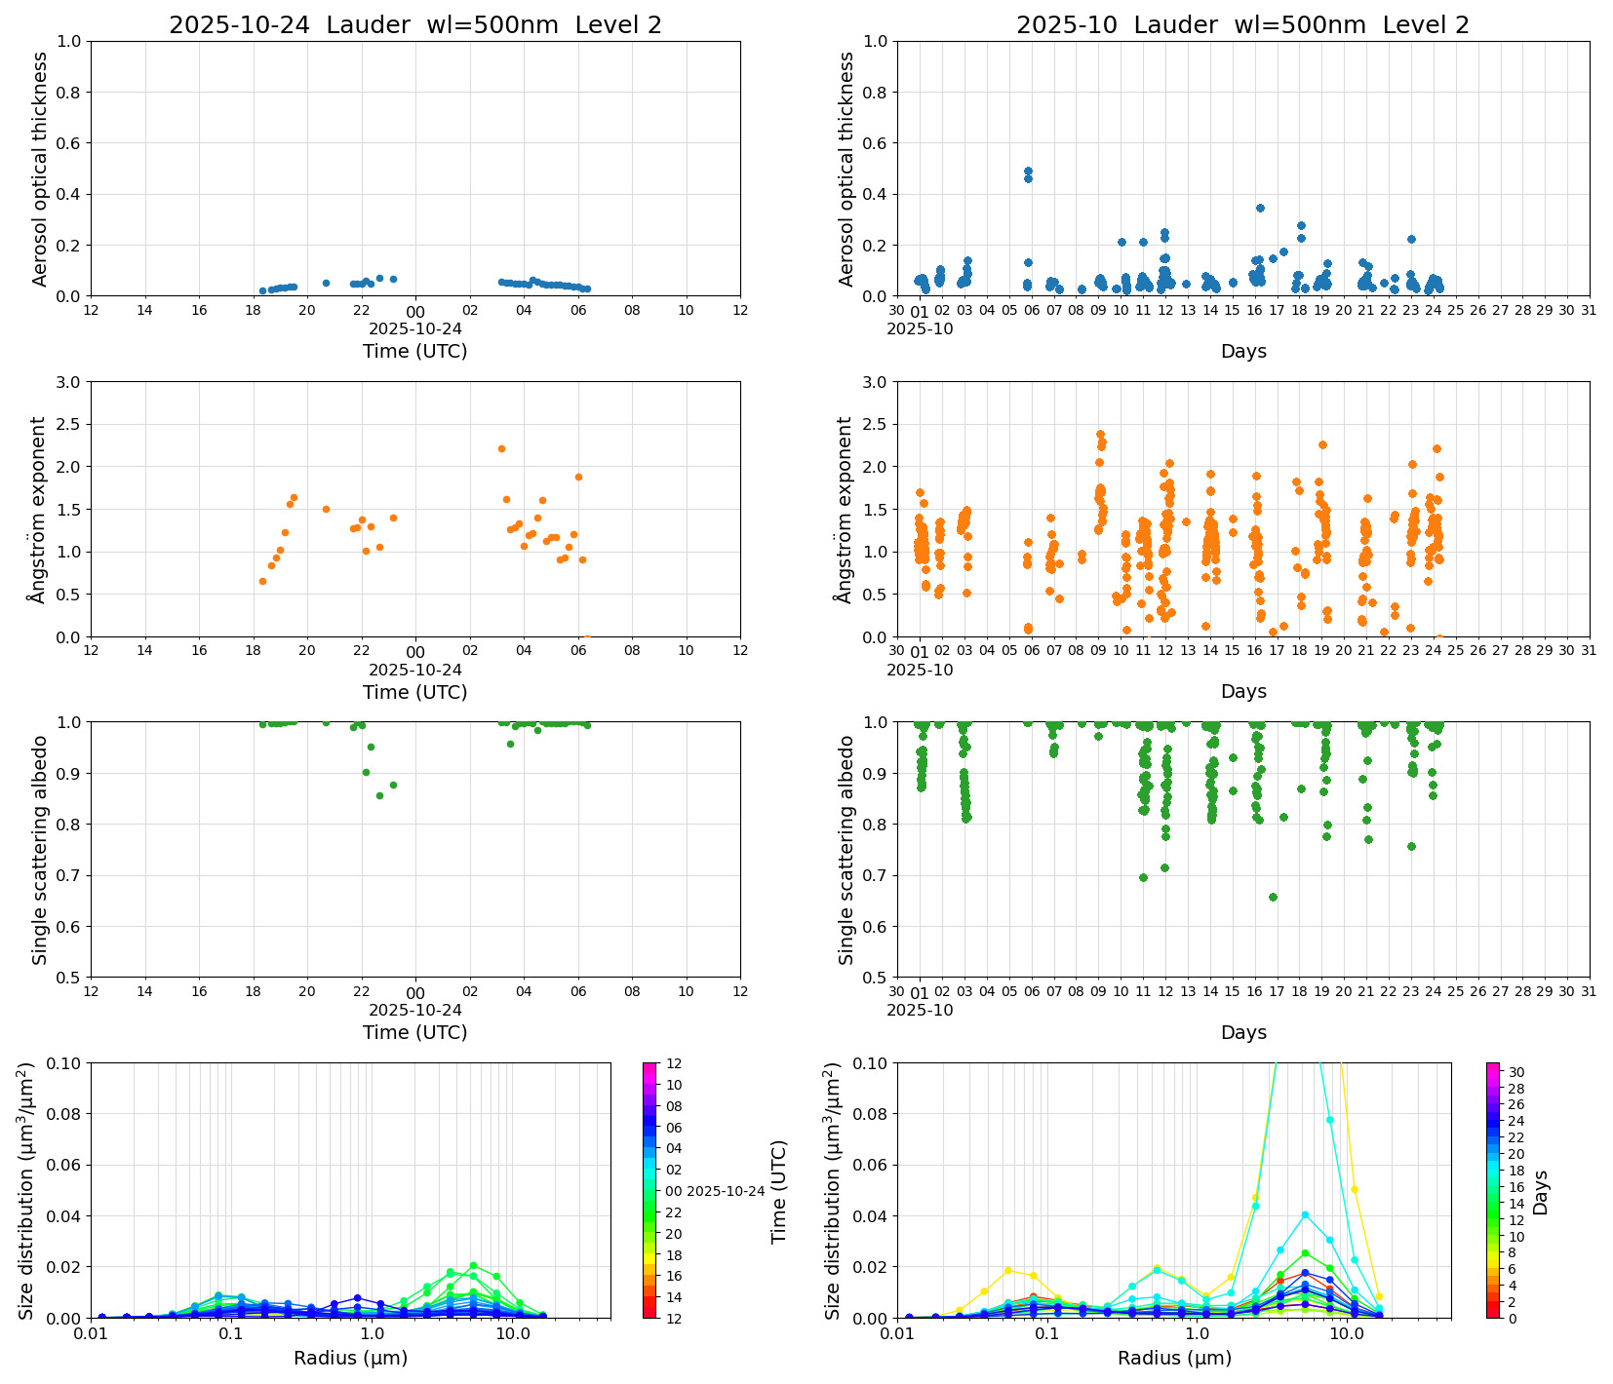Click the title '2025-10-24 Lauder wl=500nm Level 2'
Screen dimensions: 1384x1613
pyautogui.click(x=414, y=25)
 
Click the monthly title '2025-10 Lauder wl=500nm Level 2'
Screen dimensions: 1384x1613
pyautogui.click(x=1242, y=25)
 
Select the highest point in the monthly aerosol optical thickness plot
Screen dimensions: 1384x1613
pyautogui.click(x=1028, y=171)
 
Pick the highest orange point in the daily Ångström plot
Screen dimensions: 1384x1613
pyautogui.click(x=501, y=448)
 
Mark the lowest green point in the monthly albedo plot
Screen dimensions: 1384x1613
pyautogui.click(x=1273, y=897)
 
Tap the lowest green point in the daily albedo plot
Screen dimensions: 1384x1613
pyautogui.click(x=379, y=795)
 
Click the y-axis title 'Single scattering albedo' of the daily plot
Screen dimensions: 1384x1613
pyautogui.click(x=40, y=850)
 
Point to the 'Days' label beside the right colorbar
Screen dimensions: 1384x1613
pyautogui.click(x=1541, y=1192)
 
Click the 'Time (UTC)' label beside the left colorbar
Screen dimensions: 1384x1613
pyautogui.click(x=778, y=1192)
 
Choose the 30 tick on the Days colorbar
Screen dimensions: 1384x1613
pyautogui.click(x=1516, y=1072)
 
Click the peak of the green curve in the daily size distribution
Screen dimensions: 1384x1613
pyautogui.click(x=473, y=1265)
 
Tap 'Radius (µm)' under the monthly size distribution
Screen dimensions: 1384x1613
pyautogui.click(x=1174, y=1358)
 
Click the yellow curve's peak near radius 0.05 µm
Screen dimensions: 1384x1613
pyautogui.click(x=1008, y=1270)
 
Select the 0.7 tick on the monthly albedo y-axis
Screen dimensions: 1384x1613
pyautogui.click(x=876, y=875)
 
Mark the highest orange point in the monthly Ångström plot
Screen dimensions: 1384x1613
pyautogui.click(x=1100, y=434)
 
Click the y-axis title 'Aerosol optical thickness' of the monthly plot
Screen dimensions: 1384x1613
pyautogui.click(x=846, y=169)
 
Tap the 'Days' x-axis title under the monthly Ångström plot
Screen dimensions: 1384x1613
pyautogui.click(x=1242, y=691)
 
